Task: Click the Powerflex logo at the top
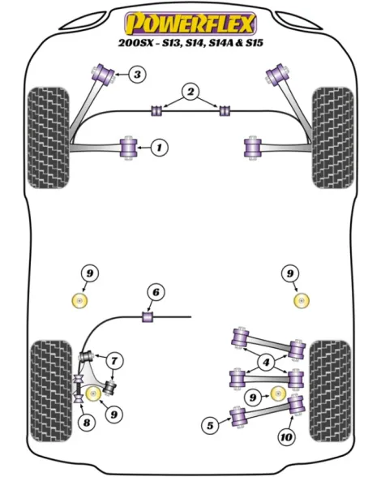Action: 190,24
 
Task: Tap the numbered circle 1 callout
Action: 159,148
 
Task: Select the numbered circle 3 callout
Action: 137,75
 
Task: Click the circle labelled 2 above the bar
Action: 190,92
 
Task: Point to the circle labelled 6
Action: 156,292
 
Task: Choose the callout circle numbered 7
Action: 114,361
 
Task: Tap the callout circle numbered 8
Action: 87,422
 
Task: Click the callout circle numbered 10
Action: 286,437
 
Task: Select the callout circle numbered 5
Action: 211,425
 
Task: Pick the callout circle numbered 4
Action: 267,363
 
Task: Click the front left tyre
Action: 49,138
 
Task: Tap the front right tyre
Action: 333,138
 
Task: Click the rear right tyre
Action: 330,391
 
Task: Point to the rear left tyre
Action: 52,391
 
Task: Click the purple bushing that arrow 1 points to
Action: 129,148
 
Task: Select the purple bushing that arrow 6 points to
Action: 148,317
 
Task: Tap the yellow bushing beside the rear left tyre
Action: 94,394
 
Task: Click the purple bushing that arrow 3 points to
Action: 104,75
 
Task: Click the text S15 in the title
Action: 254,43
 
